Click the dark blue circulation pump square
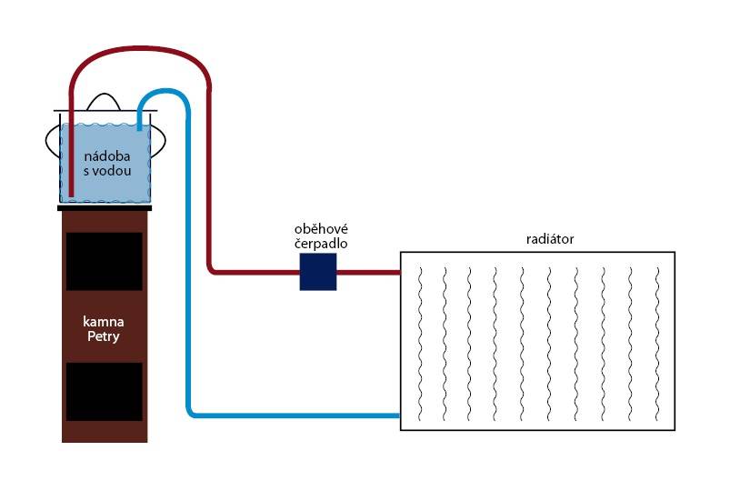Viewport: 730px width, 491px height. click(318, 272)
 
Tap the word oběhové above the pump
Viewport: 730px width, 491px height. click(321, 229)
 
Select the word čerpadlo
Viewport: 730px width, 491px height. click(321, 244)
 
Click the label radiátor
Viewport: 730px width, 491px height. click(550, 239)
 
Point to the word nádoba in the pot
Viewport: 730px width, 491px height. click(107, 156)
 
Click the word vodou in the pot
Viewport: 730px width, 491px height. click(111, 171)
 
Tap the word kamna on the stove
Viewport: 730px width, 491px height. click(104, 322)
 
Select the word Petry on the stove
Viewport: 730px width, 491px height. click(104, 336)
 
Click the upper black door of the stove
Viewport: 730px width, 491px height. click(105, 261)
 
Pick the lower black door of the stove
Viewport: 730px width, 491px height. click(105, 392)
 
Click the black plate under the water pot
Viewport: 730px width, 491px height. click(105, 208)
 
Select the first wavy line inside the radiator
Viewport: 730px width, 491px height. click(420, 344)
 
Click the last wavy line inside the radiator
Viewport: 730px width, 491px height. click(657, 344)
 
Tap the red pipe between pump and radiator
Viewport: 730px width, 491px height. click(368, 272)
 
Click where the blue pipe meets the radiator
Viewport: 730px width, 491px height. click(399, 415)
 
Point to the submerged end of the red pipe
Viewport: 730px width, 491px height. click(71, 195)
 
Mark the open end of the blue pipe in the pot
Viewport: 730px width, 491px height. click(140, 128)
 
